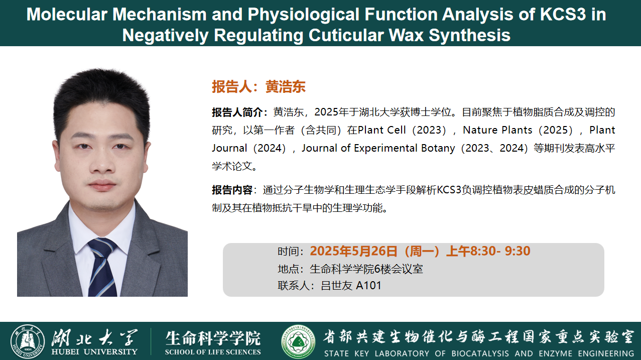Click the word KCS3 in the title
pos(563,14)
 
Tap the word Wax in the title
pos(406,35)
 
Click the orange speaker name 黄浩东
pos(285,86)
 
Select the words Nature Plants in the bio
pos(497,130)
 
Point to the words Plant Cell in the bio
pos(381,130)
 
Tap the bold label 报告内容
pos(232,190)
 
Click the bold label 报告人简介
pos(237,112)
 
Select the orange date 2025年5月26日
pos(353,251)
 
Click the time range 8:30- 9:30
pos(500,251)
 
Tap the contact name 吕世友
pos(336,286)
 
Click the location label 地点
pos(288,269)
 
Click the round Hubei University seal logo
pos(28,341)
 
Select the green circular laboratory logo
pos(298,341)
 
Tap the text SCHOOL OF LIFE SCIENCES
pos(213,352)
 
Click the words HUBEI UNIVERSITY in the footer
pos(94,351)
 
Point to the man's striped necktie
pos(102,267)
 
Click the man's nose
pos(102,163)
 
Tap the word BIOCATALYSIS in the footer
pos(480,353)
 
